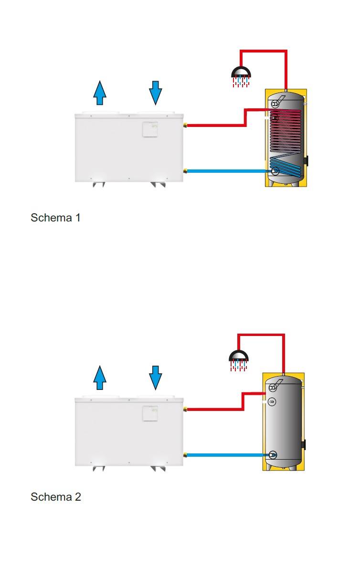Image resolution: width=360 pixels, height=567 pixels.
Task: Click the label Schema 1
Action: click(55, 218)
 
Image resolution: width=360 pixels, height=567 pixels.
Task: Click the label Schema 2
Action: click(55, 497)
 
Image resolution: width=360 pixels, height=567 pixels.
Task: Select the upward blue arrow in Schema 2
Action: click(99, 378)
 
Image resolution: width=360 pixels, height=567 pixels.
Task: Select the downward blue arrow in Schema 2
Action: click(156, 378)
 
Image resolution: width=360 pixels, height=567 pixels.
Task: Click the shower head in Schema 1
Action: click(241, 73)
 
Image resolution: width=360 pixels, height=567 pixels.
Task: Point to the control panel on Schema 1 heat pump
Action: click(151, 129)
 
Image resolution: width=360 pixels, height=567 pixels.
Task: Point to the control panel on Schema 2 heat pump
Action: click(151, 413)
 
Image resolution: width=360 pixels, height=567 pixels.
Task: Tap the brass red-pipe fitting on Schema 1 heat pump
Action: click(185, 126)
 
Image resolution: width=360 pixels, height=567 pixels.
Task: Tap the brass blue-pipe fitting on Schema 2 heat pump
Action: click(185, 455)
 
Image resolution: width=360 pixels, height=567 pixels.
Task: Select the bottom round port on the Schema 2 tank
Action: click(272, 455)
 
